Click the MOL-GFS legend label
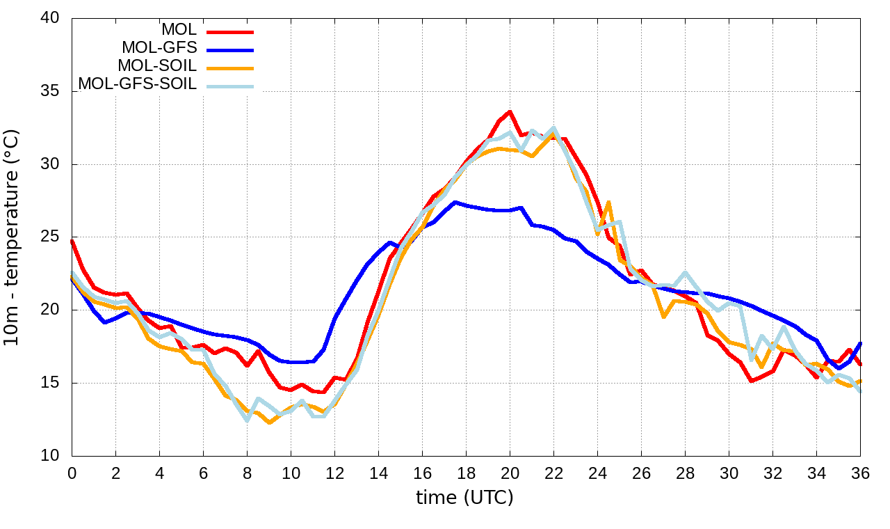[x=159, y=48]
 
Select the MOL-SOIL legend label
[x=157, y=66]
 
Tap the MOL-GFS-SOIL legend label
[x=137, y=84]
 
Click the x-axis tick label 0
[x=72, y=473]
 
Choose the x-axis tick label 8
[x=247, y=473]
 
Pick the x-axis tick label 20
[x=510, y=473]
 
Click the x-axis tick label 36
[x=860, y=473]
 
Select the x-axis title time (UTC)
[x=464, y=498]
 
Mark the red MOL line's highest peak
[x=510, y=111]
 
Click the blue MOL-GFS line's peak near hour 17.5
[x=455, y=203]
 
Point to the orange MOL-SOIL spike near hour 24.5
[x=608, y=203]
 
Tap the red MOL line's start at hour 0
[x=72, y=241]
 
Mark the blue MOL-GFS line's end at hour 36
[x=860, y=343]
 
